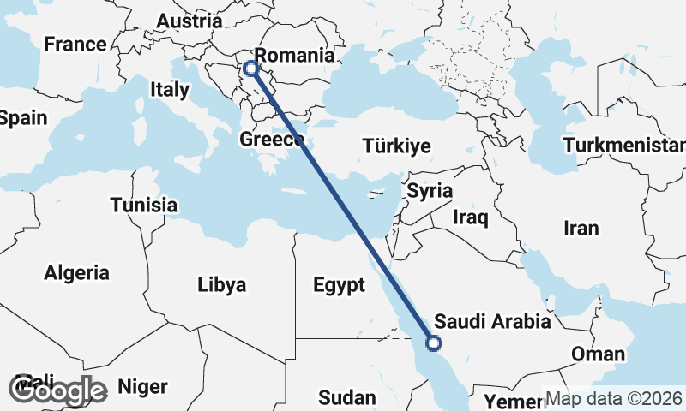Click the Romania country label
[x=294, y=56]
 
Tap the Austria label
[x=190, y=21]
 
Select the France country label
[x=75, y=44]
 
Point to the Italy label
[x=169, y=89]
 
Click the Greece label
[x=272, y=139]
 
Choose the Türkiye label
[x=396, y=146]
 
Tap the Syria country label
[x=429, y=191]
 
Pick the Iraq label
[x=471, y=217]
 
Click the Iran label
[x=581, y=228]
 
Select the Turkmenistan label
[x=624, y=145]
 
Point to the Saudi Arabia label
[x=492, y=322]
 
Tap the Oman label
[x=598, y=354]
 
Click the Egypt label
[x=340, y=286]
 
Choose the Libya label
[x=221, y=284]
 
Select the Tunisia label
[x=144, y=205]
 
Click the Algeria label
[x=77, y=273]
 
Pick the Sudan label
[x=346, y=397]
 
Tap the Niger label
[x=142, y=387]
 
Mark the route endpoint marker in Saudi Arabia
[x=434, y=343]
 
